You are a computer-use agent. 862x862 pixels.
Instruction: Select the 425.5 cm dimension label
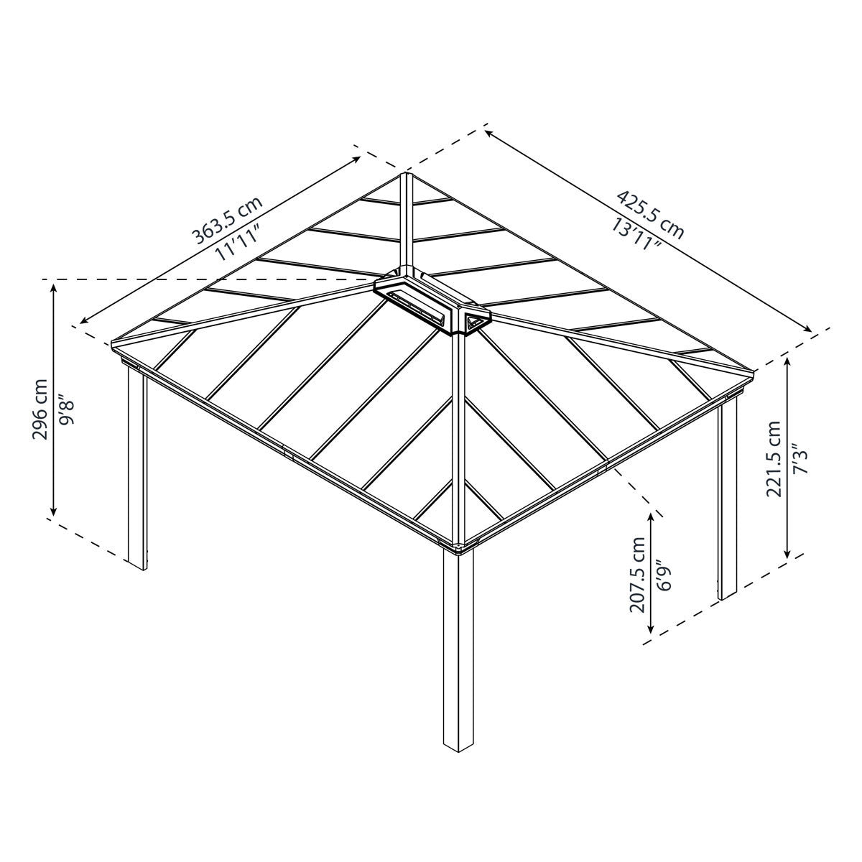(x=650, y=214)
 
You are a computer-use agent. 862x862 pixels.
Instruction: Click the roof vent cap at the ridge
(x=432, y=302)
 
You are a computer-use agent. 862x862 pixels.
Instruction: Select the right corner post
(x=727, y=503)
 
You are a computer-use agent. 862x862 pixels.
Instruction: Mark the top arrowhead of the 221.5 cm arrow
(x=789, y=363)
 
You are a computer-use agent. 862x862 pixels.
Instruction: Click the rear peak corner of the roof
(x=406, y=175)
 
